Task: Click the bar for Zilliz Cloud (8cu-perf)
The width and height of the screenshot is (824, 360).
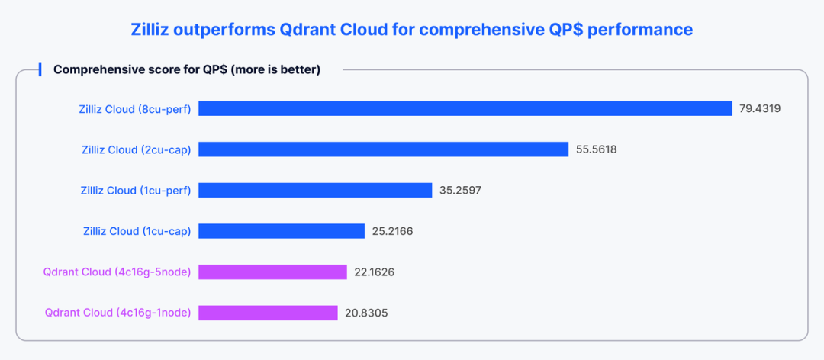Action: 465,108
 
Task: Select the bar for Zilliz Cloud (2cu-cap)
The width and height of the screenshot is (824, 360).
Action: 384,149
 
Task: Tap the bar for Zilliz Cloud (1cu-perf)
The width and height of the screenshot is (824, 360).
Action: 316,190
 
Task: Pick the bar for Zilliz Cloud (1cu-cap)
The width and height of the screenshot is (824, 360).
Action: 282,231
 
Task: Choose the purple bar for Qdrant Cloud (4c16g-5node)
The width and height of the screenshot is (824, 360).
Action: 273,272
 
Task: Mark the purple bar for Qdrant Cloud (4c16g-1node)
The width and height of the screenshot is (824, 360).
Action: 268,313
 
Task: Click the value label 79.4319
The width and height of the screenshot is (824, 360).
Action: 760,108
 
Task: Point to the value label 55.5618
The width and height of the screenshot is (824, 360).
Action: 596,149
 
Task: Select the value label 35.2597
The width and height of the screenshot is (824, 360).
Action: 460,190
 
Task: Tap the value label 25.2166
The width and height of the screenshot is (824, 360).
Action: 392,231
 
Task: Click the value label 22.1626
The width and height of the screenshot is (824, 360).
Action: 374,272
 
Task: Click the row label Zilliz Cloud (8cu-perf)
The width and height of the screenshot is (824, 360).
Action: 135,108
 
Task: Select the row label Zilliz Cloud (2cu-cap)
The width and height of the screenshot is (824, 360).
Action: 137,149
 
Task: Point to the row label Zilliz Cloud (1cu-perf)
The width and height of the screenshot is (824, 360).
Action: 136,190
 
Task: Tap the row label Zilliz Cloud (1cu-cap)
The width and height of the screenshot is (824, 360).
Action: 137,231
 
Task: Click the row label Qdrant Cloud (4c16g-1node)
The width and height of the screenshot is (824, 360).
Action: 118,313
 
